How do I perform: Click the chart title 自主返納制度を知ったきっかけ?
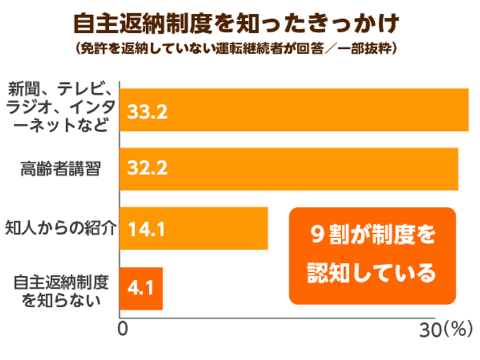point(236,23)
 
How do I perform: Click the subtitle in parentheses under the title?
point(236,48)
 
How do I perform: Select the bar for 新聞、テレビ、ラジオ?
point(294,110)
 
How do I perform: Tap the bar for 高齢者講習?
point(289,169)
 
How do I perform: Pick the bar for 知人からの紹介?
point(194,228)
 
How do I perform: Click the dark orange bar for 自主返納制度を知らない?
point(141,289)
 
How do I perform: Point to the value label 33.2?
point(147,112)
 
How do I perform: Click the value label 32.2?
point(147,168)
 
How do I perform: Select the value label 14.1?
point(146,229)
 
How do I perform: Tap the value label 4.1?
point(141,288)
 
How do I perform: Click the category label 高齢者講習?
point(61,168)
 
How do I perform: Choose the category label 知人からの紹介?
point(61,228)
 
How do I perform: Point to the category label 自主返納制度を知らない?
point(61,291)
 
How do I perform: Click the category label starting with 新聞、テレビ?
point(60,107)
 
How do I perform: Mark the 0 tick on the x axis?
point(123,329)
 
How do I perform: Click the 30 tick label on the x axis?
point(430,330)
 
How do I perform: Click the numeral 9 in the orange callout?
point(317,234)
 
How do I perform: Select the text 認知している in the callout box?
point(372,272)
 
